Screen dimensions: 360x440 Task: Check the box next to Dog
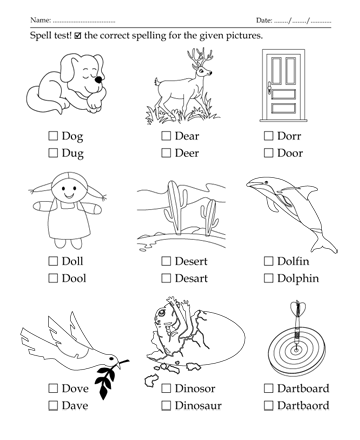click(53, 136)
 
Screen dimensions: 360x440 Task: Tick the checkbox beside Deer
click(166, 153)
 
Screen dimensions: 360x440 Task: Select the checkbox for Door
click(268, 153)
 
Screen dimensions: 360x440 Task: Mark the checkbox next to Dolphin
click(268, 278)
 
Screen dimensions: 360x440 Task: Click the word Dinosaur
click(198, 406)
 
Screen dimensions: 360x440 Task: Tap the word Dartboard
click(303, 388)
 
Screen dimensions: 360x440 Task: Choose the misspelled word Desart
click(191, 278)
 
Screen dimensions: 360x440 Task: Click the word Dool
click(74, 278)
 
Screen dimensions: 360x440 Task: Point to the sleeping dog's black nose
click(98, 79)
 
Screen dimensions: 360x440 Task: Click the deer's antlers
click(199, 57)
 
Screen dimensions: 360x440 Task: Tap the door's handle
click(269, 89)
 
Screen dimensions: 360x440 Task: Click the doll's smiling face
click(69, 191)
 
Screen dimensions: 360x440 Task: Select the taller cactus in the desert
click(175, 207)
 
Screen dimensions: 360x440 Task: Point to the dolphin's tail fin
click(323, 246)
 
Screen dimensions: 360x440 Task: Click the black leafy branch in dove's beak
click(107, 380)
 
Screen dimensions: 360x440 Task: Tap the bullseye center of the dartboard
click(295, 350)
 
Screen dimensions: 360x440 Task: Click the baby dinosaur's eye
click(162, 313)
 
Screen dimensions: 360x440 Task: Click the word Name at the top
click(40, 20)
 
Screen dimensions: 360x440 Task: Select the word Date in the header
click(264, 20)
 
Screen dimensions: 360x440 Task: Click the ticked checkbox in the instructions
click(78, 36)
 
